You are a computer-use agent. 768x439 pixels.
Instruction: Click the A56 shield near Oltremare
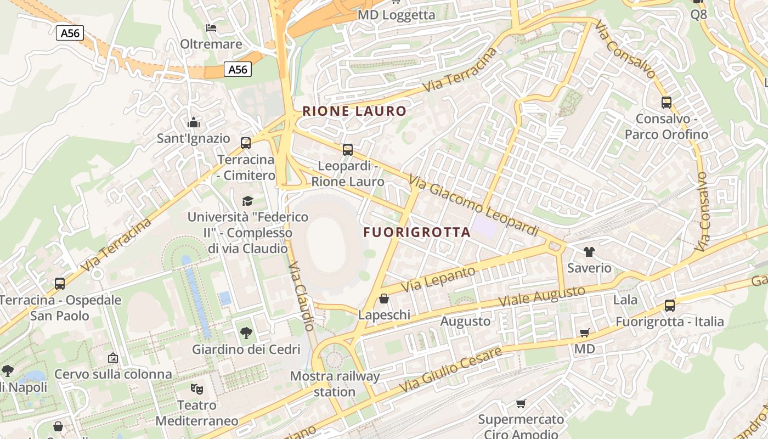[x=70, y=33]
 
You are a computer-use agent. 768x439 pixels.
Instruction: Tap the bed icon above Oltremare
[x=211, y=27]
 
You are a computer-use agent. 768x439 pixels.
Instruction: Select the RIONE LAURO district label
[x=354, y=111]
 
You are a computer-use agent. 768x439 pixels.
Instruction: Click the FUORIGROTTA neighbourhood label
[x=417, y=232]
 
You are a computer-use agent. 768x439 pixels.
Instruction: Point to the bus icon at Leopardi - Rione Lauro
[x=347, y=149]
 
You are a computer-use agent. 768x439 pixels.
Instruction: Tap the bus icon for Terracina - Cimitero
[x=246, y=143]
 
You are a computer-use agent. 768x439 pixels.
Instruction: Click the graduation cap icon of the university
[x=248, y=201]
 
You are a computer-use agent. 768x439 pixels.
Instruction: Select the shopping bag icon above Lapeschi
[x=384, y=299]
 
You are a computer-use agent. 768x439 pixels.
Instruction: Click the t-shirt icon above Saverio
[x=589, y=252]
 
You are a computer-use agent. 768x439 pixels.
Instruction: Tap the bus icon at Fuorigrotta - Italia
[x=669, y=305]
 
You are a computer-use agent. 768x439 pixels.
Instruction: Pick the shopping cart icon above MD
[x=585, y=333]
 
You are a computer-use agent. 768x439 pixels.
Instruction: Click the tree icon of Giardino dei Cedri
[x=246, y=333]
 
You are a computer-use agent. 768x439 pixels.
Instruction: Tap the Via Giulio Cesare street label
[x=450, y=369]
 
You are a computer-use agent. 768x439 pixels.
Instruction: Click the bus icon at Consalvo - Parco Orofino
[x=666, y=102]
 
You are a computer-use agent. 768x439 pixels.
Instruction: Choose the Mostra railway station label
[x=335, y=384]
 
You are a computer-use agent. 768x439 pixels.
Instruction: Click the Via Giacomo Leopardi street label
[x=474, y=206]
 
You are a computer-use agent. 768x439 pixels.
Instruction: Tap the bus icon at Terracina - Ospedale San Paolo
[x=60, y=284]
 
